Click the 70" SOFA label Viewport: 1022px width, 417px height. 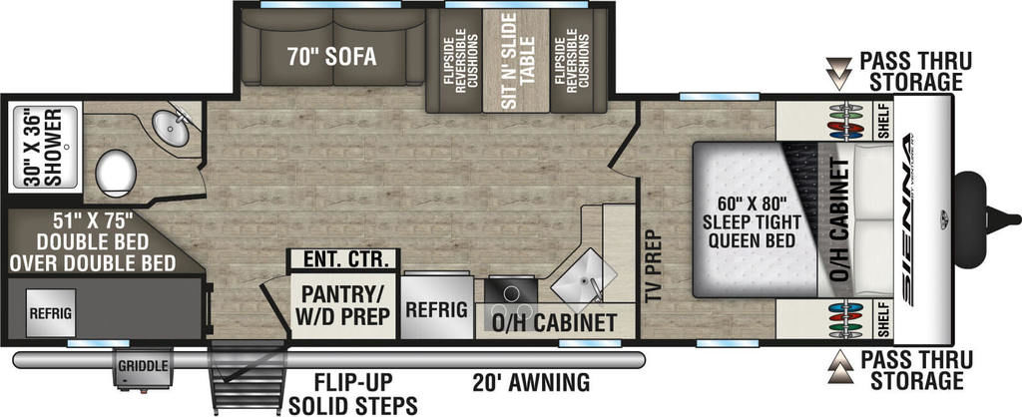[x=331, y=57]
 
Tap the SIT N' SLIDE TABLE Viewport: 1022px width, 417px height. [x=518, y=61]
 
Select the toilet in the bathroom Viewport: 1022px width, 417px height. [x=116, y=174]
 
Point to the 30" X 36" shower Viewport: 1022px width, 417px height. [x=45, y=147]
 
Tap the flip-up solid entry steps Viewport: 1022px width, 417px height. [x=248, y=380]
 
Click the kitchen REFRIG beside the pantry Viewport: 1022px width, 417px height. [x=437, y=307]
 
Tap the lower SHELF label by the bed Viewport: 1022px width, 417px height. [x=884, y=319]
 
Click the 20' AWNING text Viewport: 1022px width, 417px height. [x=531, y=382]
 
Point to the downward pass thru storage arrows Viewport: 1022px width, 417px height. [x=838, y=73]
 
